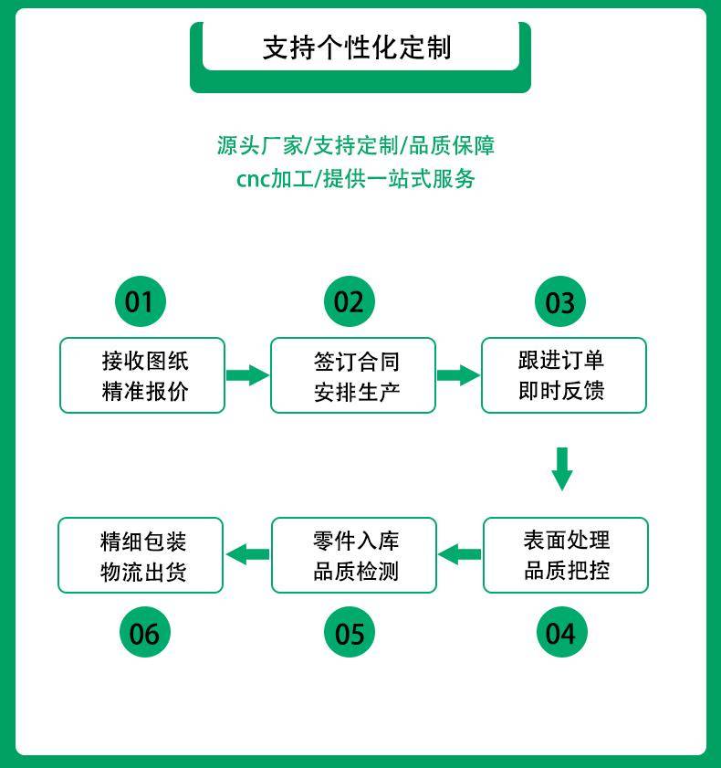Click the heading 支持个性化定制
click(357, 47)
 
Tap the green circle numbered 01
click(140, 301)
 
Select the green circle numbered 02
click(349, 301)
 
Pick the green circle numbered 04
click(560, 633)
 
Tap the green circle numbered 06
click(144, 633)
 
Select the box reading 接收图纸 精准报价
click(142, 375)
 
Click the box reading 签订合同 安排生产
click(353, 375)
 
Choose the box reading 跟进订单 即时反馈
click(564, 375)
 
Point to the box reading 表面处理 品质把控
click(566, 555)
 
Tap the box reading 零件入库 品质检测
click(354, 555)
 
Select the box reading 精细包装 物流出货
click(141, 555)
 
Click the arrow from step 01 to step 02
click(246, 374)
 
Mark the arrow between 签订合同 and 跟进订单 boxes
click(458, 374)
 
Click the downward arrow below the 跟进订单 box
click(562, 468)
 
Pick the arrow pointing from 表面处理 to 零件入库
click(460, 553)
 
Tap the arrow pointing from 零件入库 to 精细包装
click(247, 553)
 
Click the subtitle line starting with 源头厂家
click(356, 145)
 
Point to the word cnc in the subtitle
click(253, 179)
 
